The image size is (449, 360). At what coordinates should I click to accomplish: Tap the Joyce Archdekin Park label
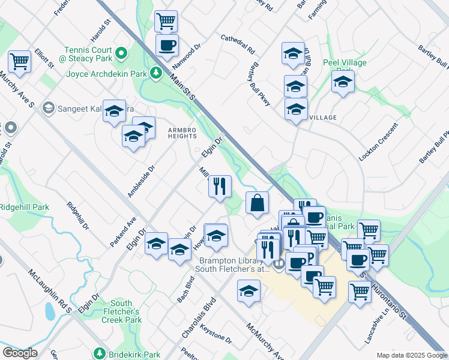tap(107, 74)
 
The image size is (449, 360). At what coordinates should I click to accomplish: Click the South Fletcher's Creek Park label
tap(125, 311)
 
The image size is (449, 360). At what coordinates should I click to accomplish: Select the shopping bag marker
tap(257, 202)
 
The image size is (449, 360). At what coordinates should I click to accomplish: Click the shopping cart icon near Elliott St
tap(19, 61)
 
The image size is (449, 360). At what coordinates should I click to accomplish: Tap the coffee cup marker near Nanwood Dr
tap(167, 44)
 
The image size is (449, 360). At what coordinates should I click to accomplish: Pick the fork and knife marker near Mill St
tap(220, 185)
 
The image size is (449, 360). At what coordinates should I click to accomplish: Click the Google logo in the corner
tap(20, 353)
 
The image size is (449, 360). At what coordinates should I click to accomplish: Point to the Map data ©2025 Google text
tap(412, 355)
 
